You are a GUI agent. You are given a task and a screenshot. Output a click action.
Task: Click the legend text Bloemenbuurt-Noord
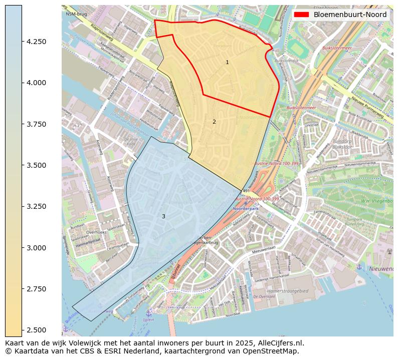pos(350,15)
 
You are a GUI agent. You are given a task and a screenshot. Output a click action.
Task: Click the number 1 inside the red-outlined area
pos(227,63)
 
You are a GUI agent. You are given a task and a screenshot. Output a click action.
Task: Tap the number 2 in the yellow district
pos(214,122)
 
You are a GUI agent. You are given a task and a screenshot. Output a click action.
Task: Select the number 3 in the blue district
pos(163,216)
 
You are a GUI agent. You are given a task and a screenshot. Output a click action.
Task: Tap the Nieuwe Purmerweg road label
pos(366,108)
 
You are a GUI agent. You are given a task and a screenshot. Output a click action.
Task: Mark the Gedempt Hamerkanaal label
pos(273,275)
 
